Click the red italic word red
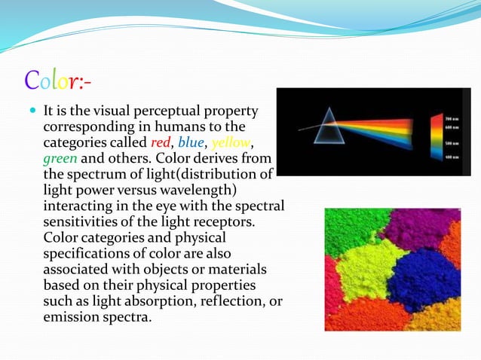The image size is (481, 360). pos(162,143)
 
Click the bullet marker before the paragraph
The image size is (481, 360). pos(32,111)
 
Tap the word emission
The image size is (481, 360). pos(72,317)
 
